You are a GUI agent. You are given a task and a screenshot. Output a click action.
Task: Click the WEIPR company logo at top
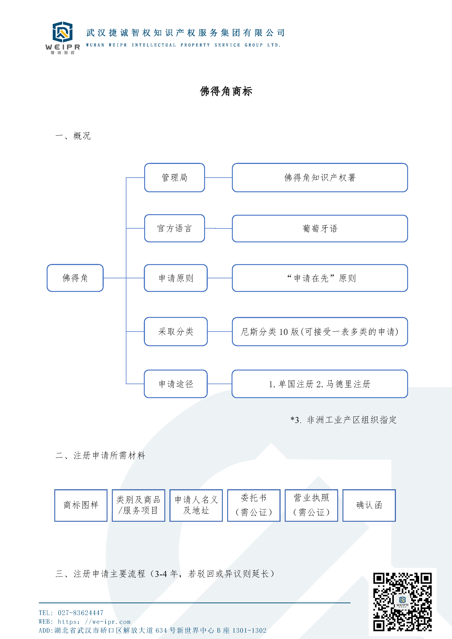(63, 38)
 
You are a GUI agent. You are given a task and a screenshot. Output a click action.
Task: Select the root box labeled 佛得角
(75, 278)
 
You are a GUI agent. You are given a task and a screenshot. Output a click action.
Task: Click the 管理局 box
(175, 178)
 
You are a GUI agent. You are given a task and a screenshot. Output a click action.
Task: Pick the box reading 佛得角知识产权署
(320, 178)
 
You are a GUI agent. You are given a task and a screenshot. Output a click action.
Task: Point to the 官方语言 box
(175, 228)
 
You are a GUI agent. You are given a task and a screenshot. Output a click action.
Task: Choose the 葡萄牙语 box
(320, 229)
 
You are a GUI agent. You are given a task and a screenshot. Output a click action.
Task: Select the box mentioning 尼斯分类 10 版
(320, 331)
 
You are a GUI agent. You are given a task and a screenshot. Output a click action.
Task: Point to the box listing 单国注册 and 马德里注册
(320, 384)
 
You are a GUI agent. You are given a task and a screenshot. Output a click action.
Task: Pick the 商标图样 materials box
(81, 505)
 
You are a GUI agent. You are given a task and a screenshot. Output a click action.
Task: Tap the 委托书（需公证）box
(254, 505)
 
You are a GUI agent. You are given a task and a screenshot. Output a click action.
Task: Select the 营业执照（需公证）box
(311, 505)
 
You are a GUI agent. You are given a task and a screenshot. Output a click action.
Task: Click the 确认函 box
(369, 505)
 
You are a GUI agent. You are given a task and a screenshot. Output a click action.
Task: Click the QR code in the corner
(402, 602)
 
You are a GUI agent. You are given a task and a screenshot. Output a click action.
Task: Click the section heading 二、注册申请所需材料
(100, 455)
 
